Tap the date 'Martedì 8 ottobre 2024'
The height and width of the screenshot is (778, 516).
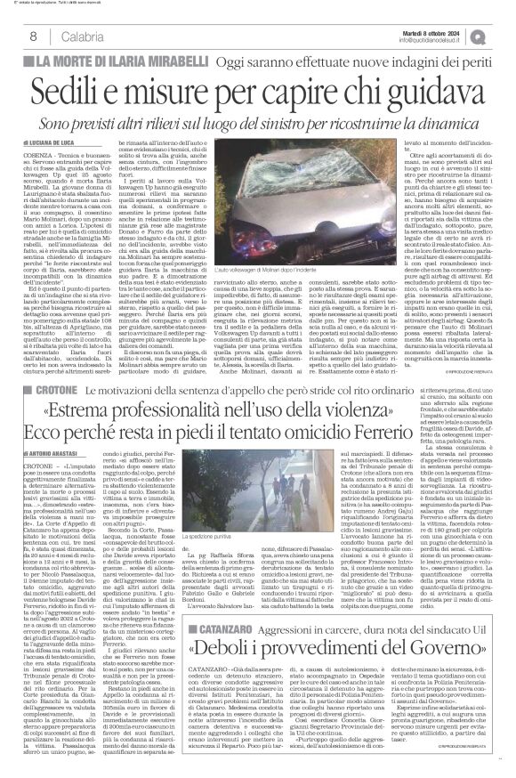coord(436,30)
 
